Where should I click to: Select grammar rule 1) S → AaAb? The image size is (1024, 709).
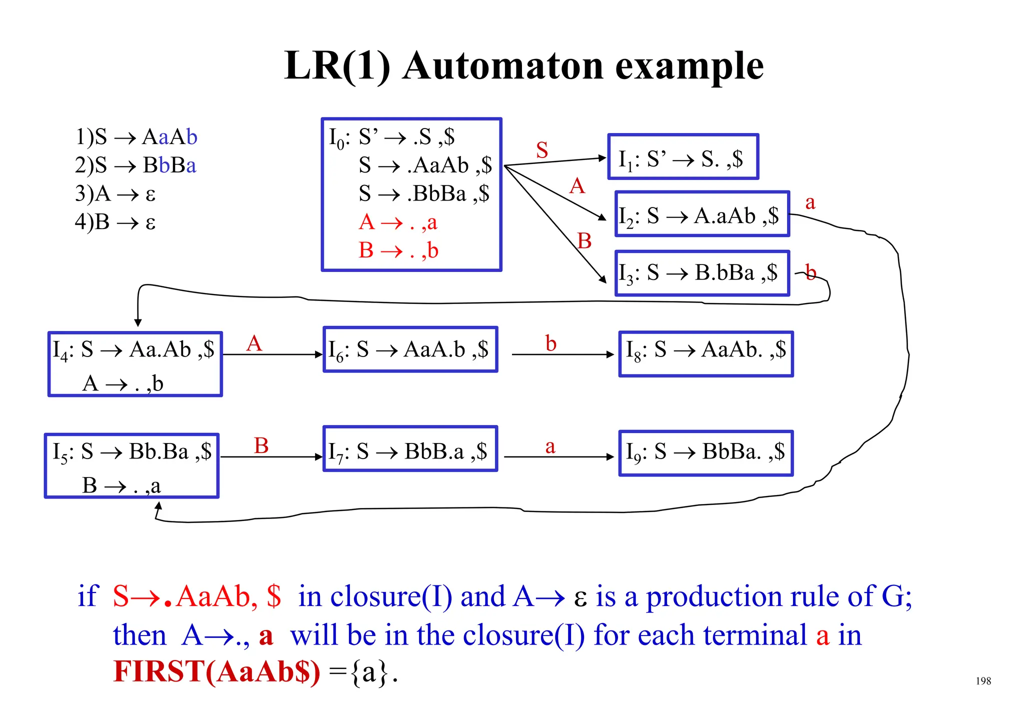click(x=136, y=137)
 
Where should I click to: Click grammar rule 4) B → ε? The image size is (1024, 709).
click(x=115, y=222)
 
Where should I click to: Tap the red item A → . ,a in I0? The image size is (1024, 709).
click(x=398, y=222)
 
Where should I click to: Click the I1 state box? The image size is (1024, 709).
click(x=683, y=157)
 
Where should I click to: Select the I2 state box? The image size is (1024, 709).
click(x=701, y=214)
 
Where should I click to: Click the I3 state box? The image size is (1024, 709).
click(x=701, y=273)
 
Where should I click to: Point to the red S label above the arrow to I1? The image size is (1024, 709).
click(x=542, y=150)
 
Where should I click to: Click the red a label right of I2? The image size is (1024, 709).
click(x=810, y=202)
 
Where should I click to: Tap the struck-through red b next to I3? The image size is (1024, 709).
click(x=810, y=273)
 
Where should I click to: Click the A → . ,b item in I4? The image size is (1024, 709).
click(x=123, y=383)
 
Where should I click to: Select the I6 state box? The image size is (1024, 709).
click(x=410, y=349)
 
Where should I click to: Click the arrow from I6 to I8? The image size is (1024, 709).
click(x=562, y=354)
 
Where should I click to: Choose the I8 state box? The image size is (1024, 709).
click(x=705, y=353)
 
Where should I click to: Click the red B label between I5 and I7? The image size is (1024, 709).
click(x=261, y=445)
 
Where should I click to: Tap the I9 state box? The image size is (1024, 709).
click(x=705, y=453)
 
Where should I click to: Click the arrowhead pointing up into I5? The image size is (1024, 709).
click(x=158, y=506)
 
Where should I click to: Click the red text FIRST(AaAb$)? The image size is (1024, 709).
click(x=216, y=671)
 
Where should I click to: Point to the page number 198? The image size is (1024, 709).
click(x=983, y=681)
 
